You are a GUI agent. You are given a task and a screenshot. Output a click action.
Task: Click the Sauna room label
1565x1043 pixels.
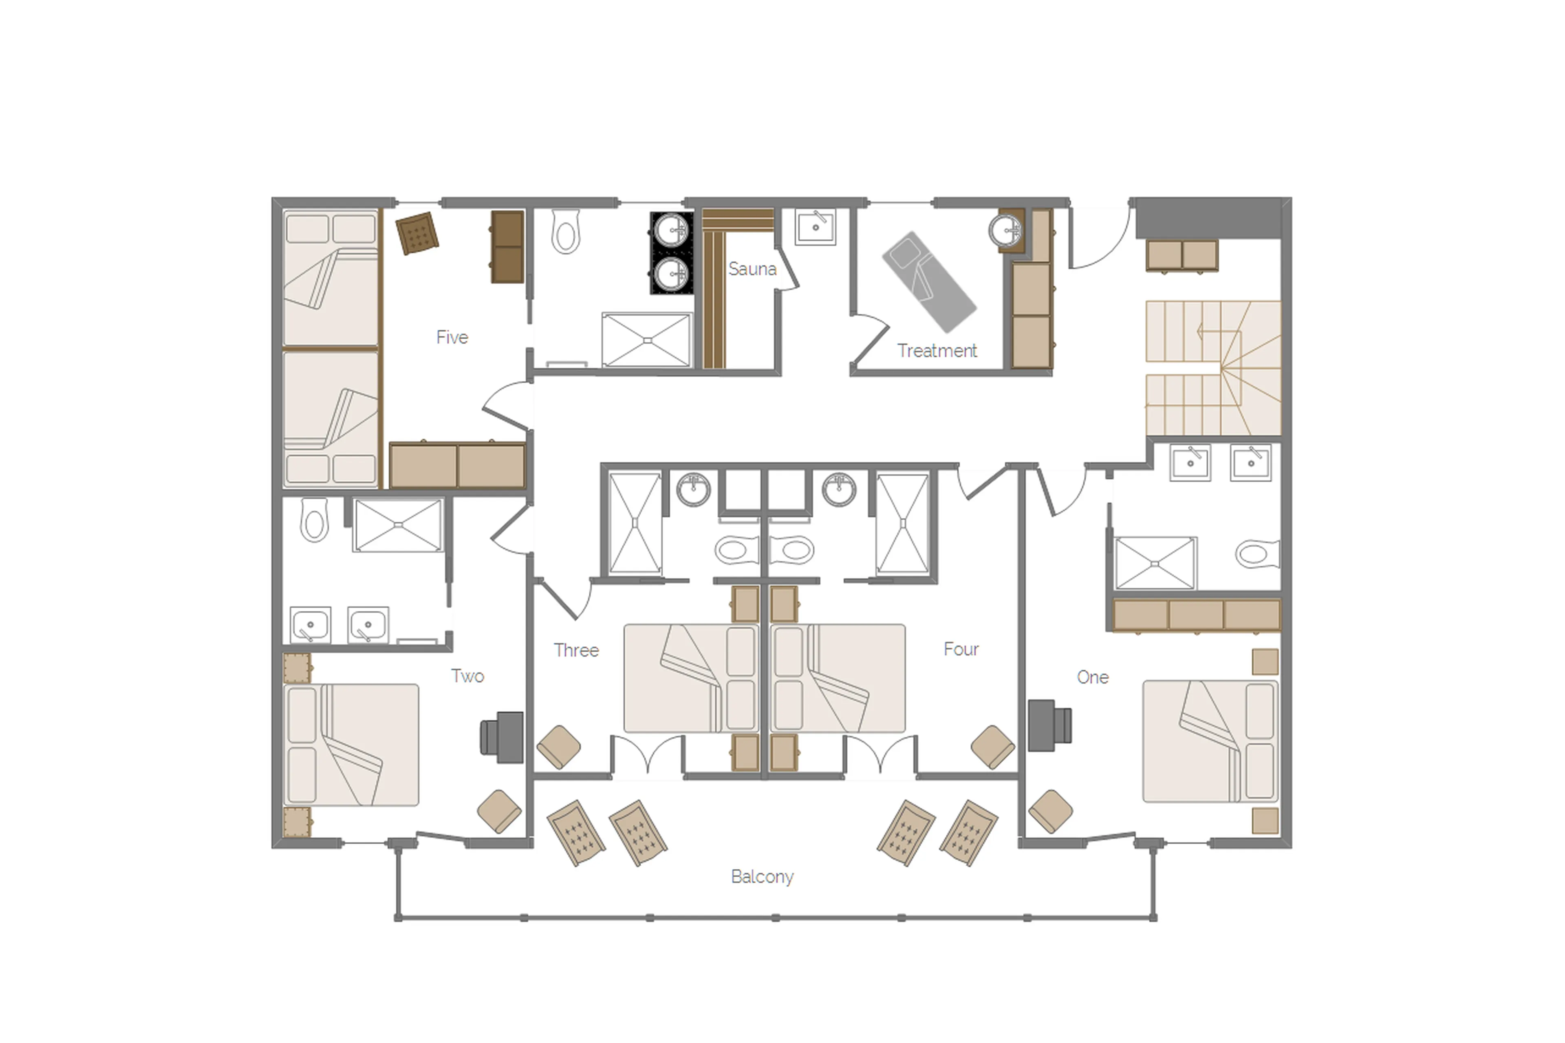[x=752, y=269]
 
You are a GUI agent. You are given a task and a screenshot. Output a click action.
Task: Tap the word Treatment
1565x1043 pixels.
[x=937, y=351]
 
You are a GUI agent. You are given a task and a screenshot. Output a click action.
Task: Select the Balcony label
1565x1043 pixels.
[x=762, y=877]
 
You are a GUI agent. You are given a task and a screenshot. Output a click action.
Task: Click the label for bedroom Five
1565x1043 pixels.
[x=452, y=337]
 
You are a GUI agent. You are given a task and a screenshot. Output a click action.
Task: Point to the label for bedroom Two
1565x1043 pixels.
[x=467, y=676]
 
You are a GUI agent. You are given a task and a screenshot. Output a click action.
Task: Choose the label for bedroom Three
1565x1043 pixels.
[x=576, y=650]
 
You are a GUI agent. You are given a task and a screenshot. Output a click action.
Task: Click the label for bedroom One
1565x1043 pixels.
[x=1092, y=677]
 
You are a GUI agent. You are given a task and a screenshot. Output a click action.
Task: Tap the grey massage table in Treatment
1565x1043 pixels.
[x=928, y=281]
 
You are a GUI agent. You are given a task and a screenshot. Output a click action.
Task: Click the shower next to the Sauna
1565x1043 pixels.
[x=646, y=340]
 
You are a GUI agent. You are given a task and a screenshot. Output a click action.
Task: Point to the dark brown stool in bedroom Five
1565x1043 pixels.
[x=417, y=233]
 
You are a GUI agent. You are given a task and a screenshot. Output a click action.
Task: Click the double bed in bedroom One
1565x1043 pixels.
[x=1209, y=740]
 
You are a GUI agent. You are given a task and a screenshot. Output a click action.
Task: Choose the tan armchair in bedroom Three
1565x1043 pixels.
[x=558, y=747]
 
